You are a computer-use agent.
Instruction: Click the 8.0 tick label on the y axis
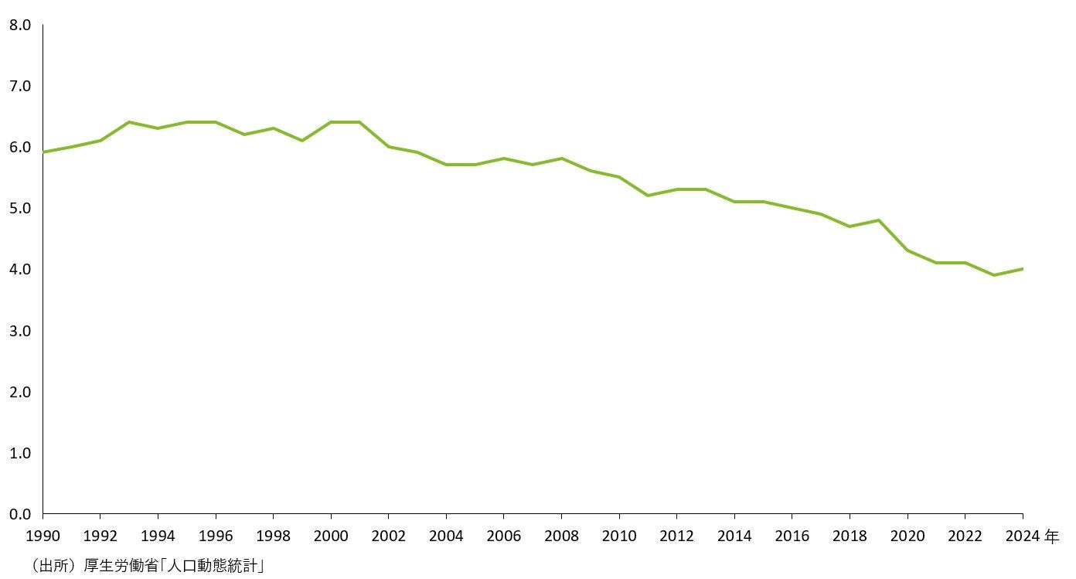click(x=20, y=26)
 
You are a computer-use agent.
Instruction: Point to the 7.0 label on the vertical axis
click(x=20, y=87)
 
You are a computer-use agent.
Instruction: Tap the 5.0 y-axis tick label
click(x=20, y=209)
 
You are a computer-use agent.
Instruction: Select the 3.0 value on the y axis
click(x=20, y=331)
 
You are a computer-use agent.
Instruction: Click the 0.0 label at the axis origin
click(x=20, y=514)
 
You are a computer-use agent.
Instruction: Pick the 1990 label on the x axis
click(x=43, y=535)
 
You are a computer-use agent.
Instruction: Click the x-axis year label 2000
click(x=331, y=535)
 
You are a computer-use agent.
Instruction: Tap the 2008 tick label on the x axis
click(x=561, y=535)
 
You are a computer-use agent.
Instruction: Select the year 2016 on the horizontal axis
click(x=792, y=535)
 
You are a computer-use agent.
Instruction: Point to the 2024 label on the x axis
click(x=1022, y=535)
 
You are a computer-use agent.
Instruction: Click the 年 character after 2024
click(x=1052, y=535)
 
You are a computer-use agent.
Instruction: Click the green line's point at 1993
click(x=129, y=122)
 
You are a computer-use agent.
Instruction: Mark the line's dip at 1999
click(x=302, y=141)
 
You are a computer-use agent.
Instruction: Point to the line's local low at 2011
click(x=648, y=196)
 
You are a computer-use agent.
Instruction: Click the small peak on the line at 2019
click(x=878, y=220)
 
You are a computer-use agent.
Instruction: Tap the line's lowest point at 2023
click(x=993, y=275)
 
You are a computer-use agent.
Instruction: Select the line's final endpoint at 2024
click(x=1022, y=269)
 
